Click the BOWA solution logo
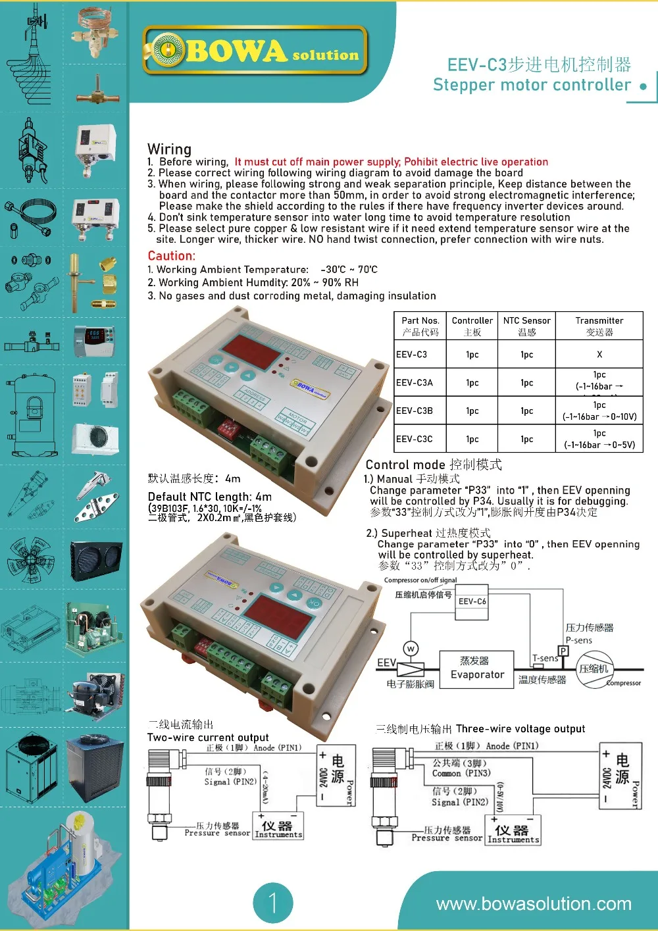point(255,51)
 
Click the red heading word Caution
point(171,256)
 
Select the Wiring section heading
point(169,149)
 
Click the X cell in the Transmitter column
point(599,354)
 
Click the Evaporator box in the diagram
point(477,668)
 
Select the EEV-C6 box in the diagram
point(472,601)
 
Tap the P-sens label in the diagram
point(579,640)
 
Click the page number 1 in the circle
point(272,903)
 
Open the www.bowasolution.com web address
point(534,904)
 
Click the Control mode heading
point(433,465)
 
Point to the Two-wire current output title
point(208,738)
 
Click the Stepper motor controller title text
point(532,85)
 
